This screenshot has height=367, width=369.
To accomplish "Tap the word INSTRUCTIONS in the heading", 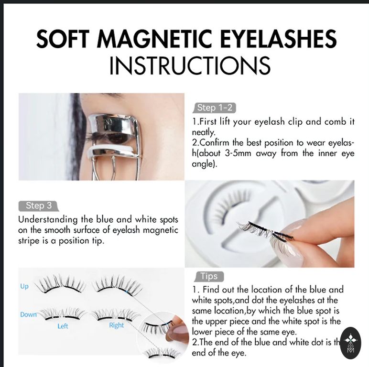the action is point(190,65).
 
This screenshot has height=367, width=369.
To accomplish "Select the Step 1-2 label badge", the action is point(215,108).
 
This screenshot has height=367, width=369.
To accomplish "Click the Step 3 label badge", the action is point(39,205).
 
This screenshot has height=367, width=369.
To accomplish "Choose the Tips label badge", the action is point(209,276).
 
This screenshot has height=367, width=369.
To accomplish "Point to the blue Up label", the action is point(24,286).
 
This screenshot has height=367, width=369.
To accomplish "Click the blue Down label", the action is point(28,314).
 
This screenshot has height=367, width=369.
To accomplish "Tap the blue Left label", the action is point(63,326).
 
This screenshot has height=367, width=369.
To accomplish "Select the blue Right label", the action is point(117,325).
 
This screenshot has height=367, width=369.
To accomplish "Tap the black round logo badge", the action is point(351,343).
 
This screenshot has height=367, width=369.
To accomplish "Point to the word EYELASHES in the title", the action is point(278,39).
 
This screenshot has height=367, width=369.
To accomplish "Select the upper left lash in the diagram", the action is point(61,284).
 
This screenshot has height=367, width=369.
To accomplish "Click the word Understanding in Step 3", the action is point(48,220).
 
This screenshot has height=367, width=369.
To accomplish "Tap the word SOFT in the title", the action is point(63,39).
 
